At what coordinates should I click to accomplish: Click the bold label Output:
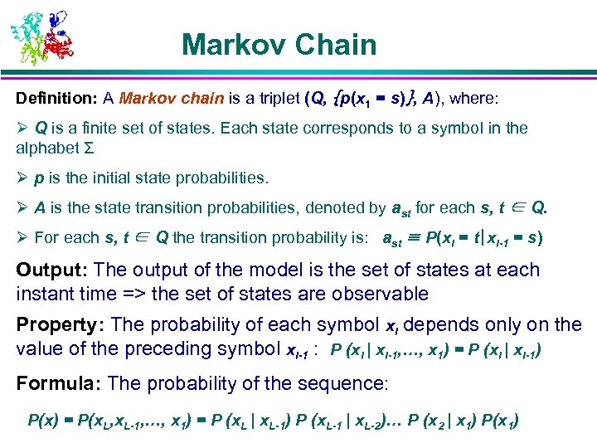pyautogui.click(x=53, y=270)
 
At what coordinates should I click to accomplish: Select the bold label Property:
pyautogui.click(x=61, y=324)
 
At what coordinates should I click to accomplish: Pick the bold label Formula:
pyautogui.click(x=58, y=382)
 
